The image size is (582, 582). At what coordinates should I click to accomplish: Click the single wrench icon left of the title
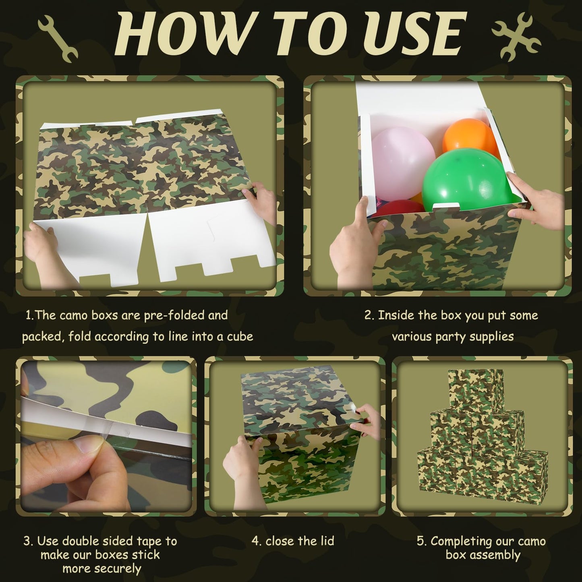pos(58,39)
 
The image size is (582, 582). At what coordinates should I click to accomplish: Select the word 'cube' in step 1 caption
pos(240,337)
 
